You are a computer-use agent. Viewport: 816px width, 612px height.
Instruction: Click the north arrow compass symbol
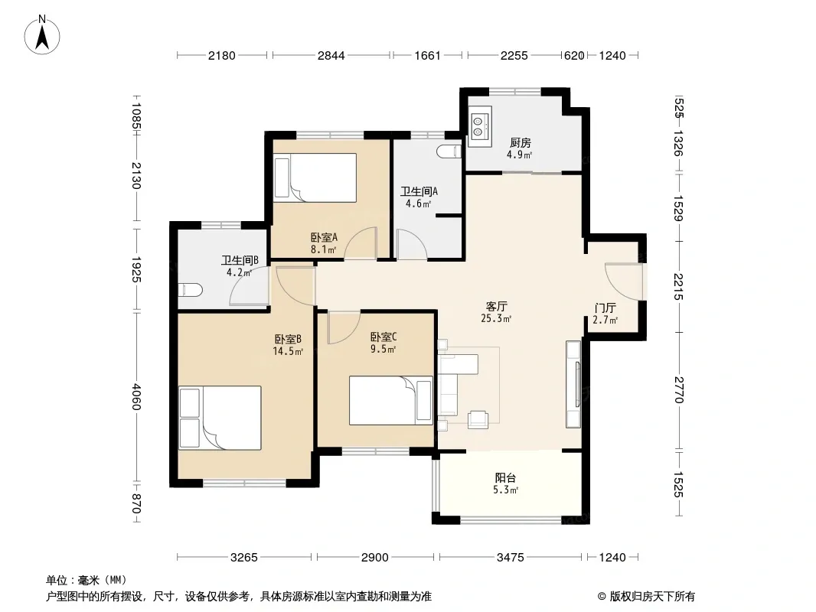(x=42, y=35)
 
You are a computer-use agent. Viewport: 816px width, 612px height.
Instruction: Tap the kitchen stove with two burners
(x=479, y=125)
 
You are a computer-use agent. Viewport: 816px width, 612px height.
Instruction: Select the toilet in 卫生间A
(x=449, y=151)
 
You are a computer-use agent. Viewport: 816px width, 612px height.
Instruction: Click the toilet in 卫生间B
(x=189, y=290)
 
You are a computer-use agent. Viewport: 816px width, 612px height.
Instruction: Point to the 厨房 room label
(x=520, y=142)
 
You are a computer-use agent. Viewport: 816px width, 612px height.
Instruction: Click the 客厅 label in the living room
(x=496, y=306)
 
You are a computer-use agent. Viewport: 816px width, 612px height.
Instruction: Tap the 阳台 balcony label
(x=504, y=477)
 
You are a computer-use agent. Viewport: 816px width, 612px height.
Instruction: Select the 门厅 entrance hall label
(x=605, y=308)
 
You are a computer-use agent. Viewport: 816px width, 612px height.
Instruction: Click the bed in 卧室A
(x=315, y=177)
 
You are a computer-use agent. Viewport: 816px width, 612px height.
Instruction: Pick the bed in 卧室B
(x=220, y=418)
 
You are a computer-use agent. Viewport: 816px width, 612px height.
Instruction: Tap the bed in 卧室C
(x=391, y=400)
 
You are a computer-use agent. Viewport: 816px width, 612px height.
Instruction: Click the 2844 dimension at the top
(x=331, y=55)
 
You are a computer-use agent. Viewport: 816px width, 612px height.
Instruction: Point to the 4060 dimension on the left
(x=136, y=397)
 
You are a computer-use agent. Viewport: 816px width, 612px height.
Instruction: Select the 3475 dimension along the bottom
(x=510, y=558)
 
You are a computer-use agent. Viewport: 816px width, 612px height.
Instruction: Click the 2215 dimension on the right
(x=679, y=286)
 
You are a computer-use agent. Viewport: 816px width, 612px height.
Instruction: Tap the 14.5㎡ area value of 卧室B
(x=288, y=351)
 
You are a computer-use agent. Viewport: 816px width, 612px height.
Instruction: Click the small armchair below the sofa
(x=478, y=419)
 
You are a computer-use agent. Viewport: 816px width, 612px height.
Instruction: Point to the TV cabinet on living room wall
(x=573, y=384)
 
